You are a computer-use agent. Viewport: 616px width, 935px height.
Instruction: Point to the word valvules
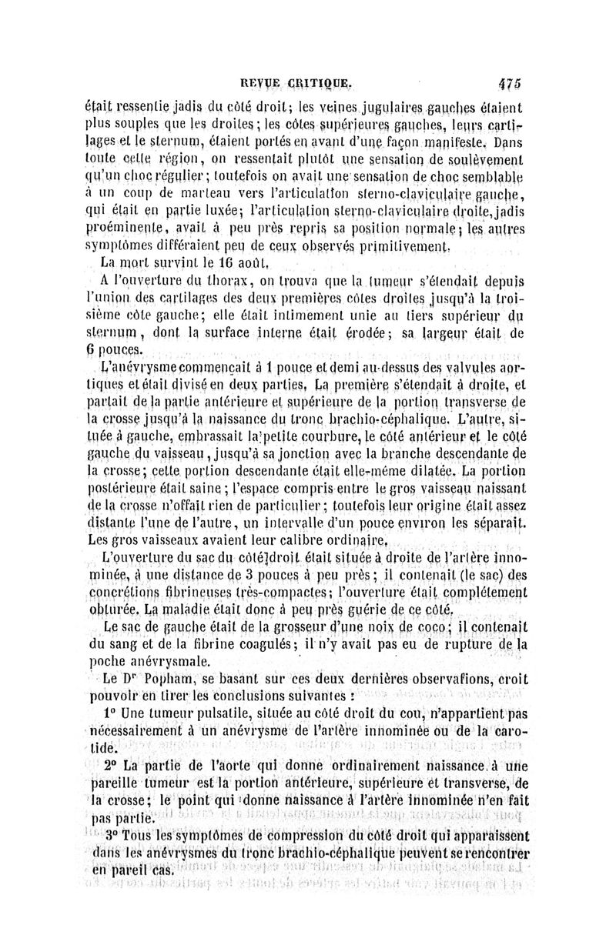[x=468, y=368]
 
